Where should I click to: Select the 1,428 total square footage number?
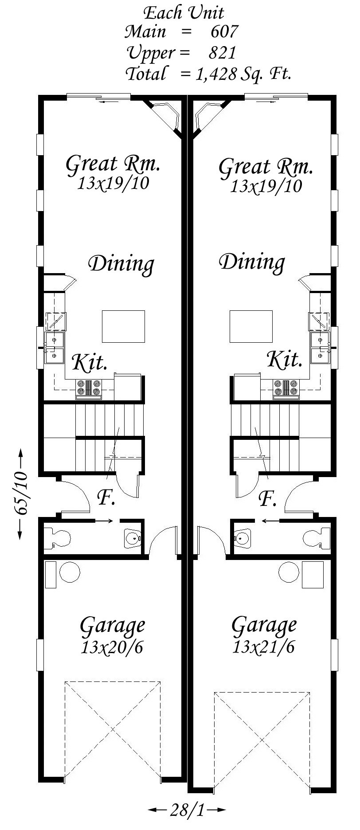pyautogui.click(x=216, y=74)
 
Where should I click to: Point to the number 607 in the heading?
pyautogui.click(x=224, y=32)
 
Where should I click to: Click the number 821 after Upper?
pyautogui.click(x=222, y=53)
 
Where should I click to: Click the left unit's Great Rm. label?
pyautogui.click(x=113, y=164)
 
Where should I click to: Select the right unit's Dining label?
pyautogui.click(x=252, y=262)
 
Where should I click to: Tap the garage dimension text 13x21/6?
pyautogui.click(x=263, y=648)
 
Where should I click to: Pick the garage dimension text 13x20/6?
pyautogui.click(x=112, y=648)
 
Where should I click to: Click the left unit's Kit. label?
pyautogui.click(x=90, y=362)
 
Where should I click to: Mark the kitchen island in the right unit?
pyautogui.click(x=250, y=326)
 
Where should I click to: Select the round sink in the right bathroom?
pyautogui.click(x=242, y=538)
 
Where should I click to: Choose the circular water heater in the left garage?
pyautogui.click(x=70, y=572)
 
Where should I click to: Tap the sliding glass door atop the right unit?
pyautogui.click(x=276, y=97)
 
